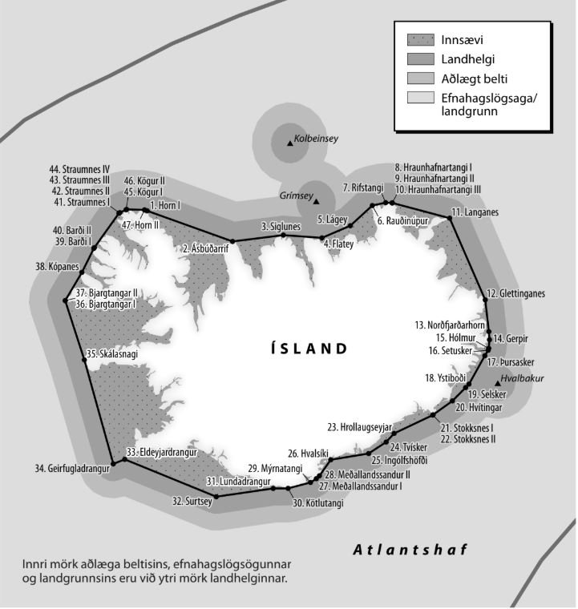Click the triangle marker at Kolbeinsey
(x=289, y=143)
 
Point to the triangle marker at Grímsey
(x=317, y=200)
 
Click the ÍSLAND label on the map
(x=309, y=349)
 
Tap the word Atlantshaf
(x=410, y=550)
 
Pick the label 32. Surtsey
(x=192, y=501)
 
